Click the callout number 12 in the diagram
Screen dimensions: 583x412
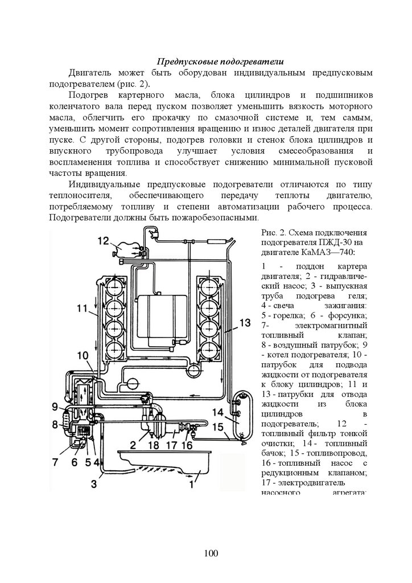[x=102, y=241]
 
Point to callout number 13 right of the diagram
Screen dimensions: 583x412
[x=244, y=323]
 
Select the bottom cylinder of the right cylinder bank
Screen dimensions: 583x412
[x=209, y=348]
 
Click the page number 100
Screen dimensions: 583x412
[x=206, y=553]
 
